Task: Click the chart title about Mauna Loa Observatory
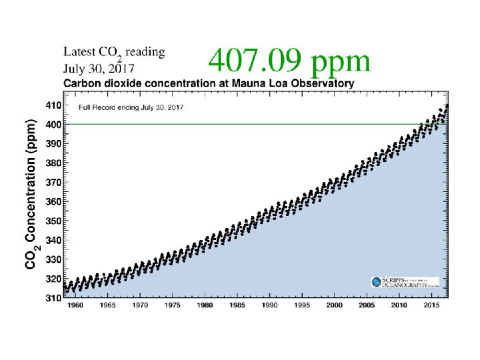(208, 84)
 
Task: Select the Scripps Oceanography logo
(405, 283)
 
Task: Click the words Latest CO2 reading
(113, 52)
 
